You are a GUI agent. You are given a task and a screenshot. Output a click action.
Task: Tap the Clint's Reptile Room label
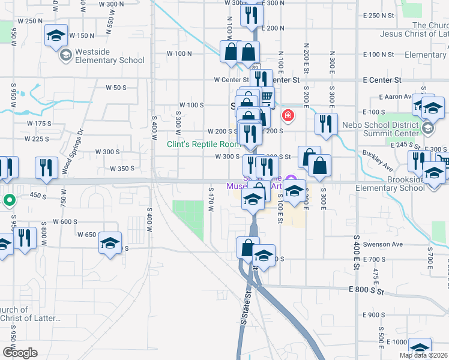pyautogui.click(x=204, y=144)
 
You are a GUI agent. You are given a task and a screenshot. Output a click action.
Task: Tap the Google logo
pyautogui.click(x=20, y=353)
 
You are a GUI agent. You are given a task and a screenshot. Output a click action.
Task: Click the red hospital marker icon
pyautogui.click(x=288, y=115)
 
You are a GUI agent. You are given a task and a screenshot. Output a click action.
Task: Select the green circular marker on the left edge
pyautogui.click(x=9, y=200)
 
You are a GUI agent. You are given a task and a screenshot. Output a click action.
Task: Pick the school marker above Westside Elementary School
pyautogui.click(x=56, y=35)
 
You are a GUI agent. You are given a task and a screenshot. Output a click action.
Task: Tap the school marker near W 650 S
pyautogui.click(x=109, y=243)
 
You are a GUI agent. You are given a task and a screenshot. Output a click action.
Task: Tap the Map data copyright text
pyautogui.click(x=423, y=355)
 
